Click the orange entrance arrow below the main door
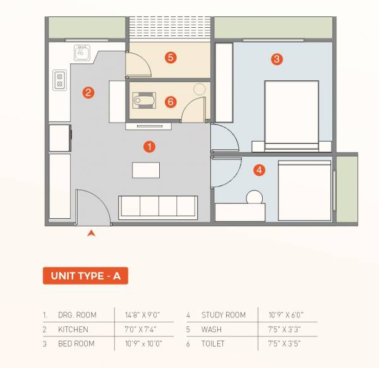[92, 234]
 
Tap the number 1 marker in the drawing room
[149, 147]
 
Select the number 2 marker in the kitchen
[88, 92]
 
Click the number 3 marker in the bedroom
[277, 59]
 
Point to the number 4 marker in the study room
[259, 169]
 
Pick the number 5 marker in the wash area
[170, 58]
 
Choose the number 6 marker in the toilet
[170, 101]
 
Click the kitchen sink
[83, 52]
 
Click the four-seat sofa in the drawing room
[158, 207]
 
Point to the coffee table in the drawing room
[146, 170]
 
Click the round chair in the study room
[255, 197]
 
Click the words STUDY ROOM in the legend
[223, 314]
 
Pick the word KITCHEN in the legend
[74, 329]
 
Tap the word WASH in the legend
[212, 329]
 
